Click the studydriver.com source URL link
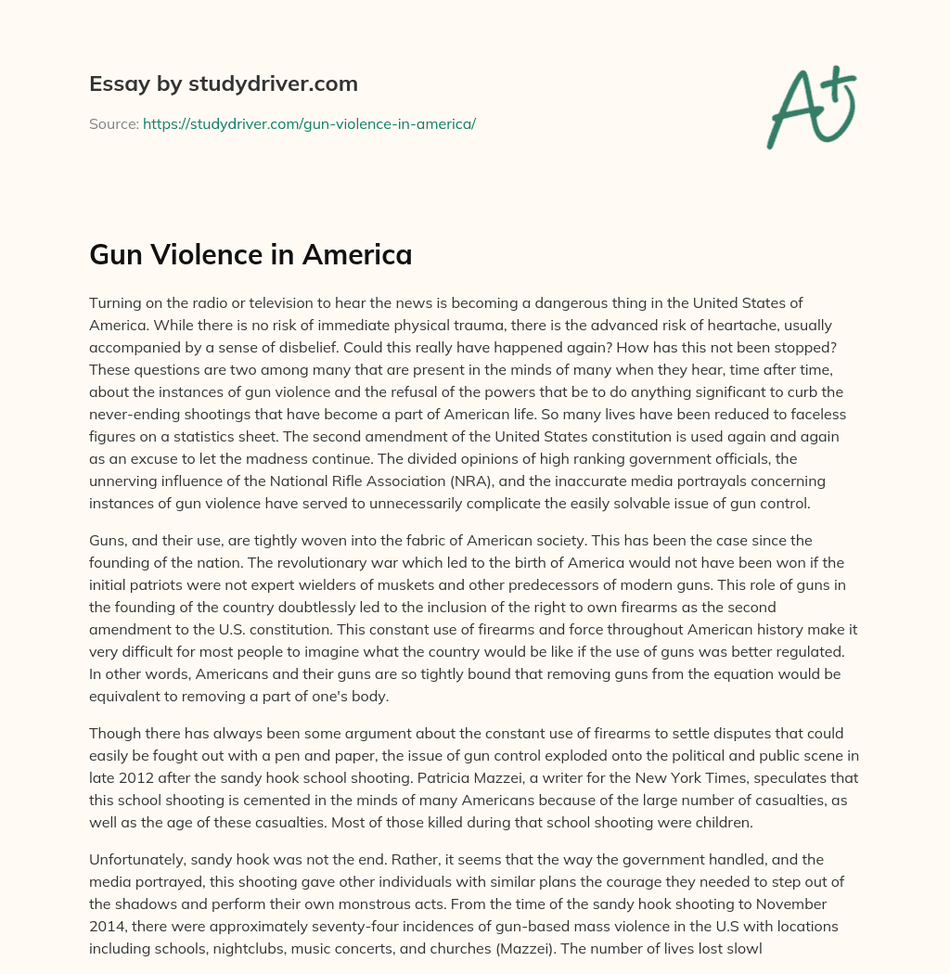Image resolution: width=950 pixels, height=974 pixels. pos(309,123)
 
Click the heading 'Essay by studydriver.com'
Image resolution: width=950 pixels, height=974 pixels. pos(224,83)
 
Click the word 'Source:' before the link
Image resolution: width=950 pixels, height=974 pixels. pos(114,123)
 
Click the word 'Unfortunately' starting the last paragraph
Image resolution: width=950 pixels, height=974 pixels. pos(135,859)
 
